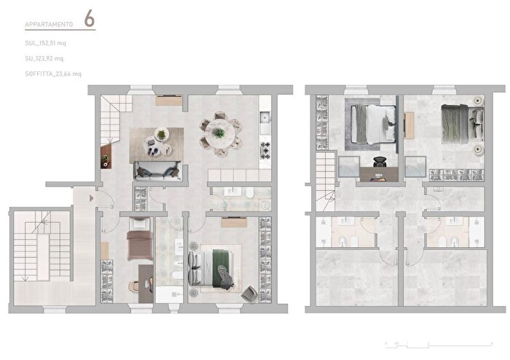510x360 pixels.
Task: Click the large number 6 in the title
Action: pos(89,20)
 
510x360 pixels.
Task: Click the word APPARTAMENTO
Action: pos(49,25)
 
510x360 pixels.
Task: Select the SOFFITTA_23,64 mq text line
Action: pos(53,74)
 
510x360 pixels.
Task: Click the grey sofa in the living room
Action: pos(156,171)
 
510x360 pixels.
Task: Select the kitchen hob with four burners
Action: pos(265,149)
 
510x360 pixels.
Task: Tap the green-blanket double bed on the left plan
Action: pos(216,267)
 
